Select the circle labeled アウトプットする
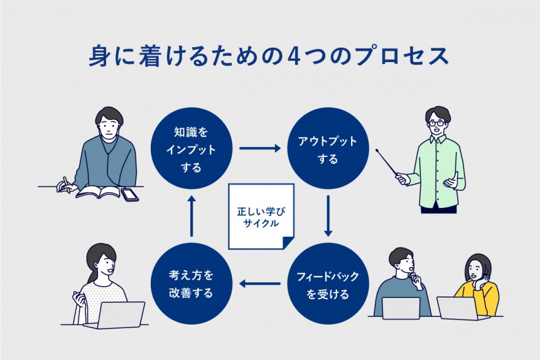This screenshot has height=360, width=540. point(328,150)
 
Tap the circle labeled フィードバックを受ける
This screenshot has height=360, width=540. point(328,284)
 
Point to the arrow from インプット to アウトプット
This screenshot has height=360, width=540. point(259,150)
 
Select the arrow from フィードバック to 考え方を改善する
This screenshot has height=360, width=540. point(259,285)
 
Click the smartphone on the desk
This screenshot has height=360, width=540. point(130,195)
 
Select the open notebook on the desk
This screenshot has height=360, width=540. point(98,192)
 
